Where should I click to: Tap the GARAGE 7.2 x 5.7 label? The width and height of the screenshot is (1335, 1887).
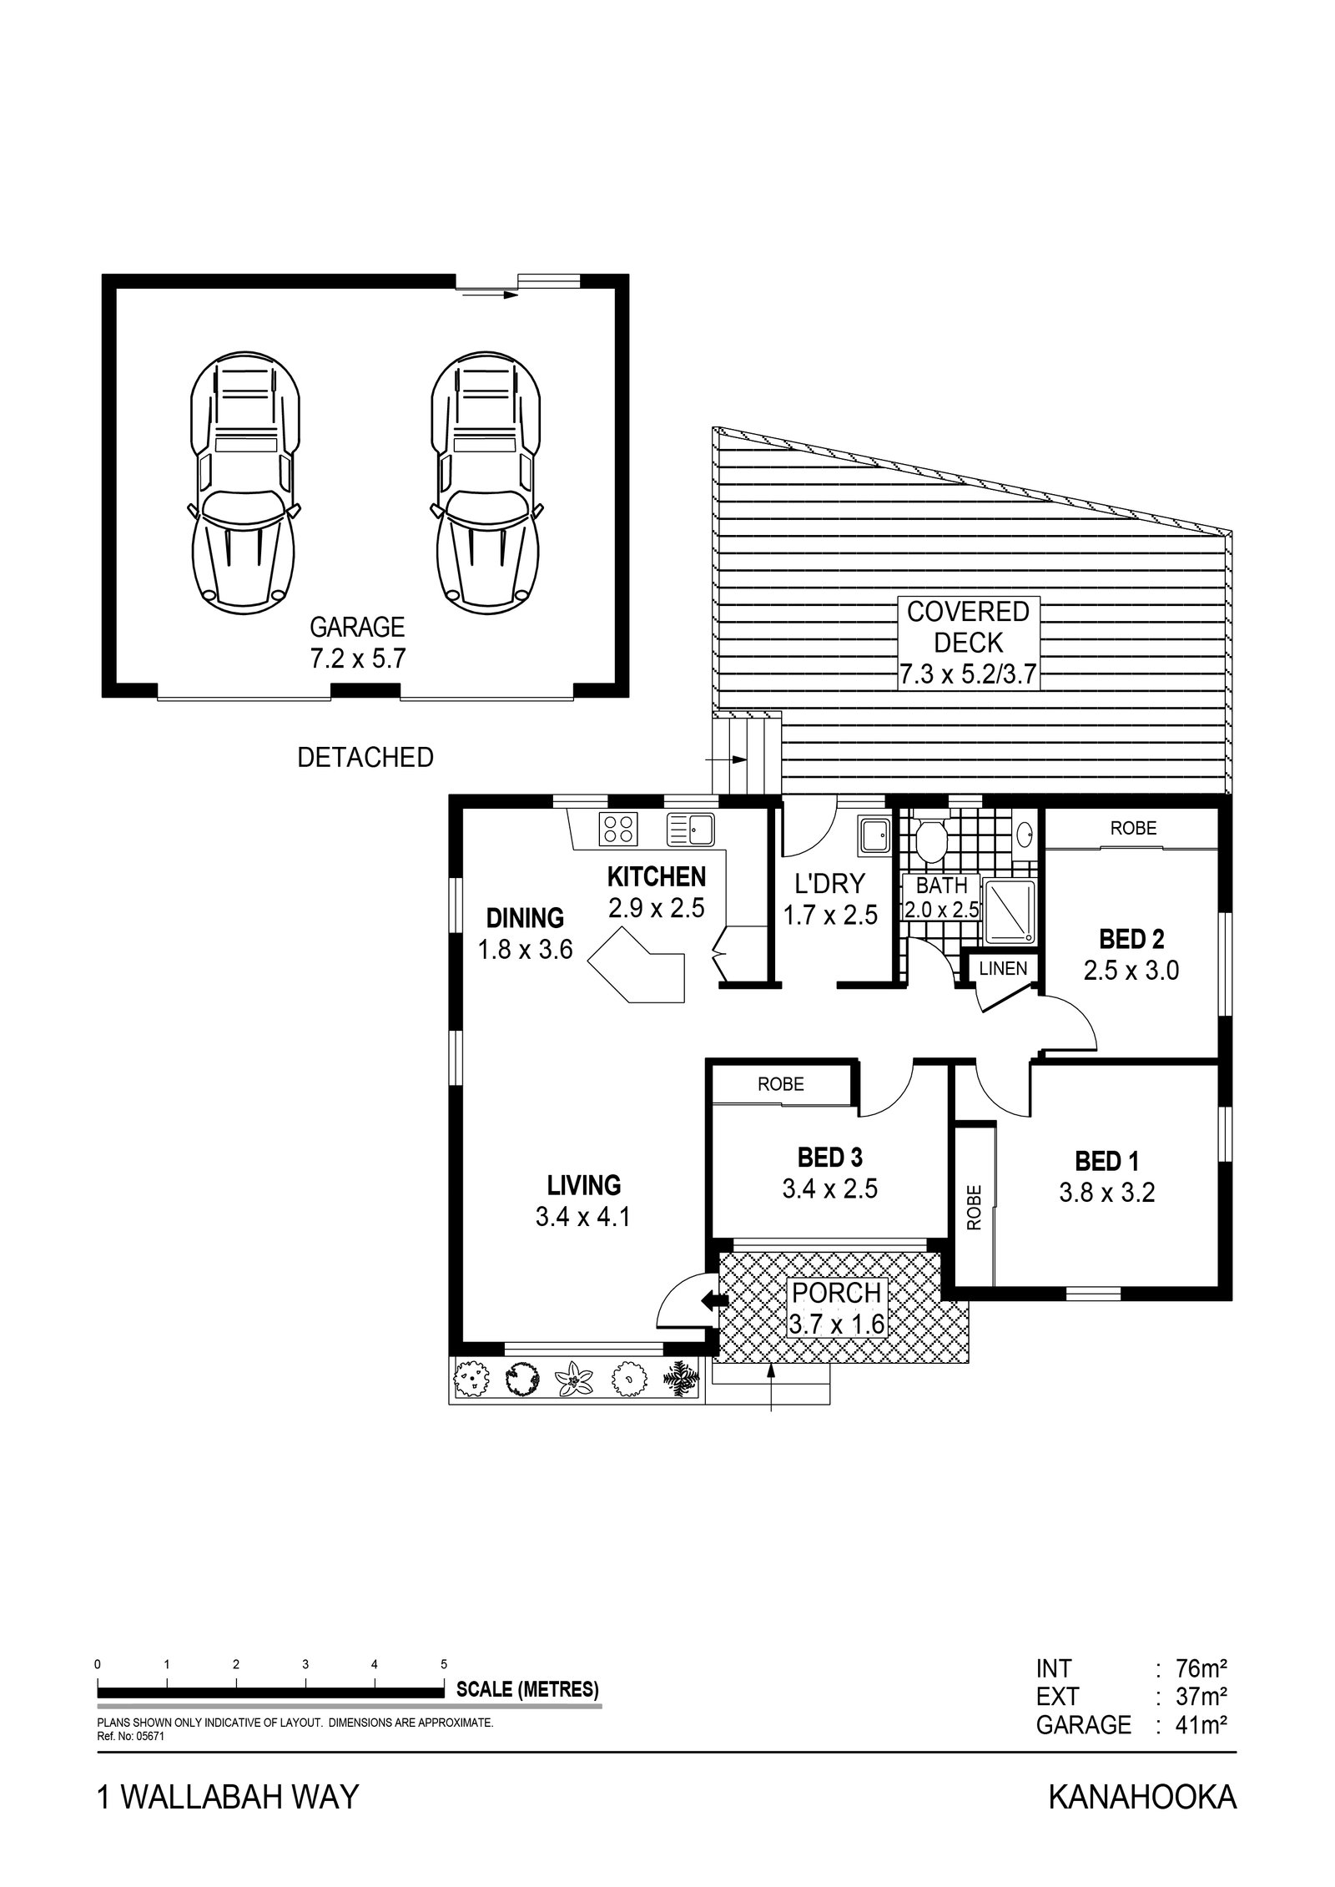click(x=358, y=643)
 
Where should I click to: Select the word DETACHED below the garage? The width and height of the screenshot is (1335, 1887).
click(x=365, y=758)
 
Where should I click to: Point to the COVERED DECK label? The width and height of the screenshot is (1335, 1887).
click(x=968, y=642)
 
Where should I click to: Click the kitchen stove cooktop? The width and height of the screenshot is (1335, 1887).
click(x=618, y=827)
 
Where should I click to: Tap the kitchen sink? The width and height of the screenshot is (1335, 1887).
click(x=688, y=828)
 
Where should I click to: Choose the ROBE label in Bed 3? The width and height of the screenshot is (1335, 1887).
click(x=780, y=1084)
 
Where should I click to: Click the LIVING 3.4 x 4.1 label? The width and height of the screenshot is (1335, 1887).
click(x=583, y=1200)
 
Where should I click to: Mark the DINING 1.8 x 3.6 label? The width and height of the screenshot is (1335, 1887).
click(x=525, y=933)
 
